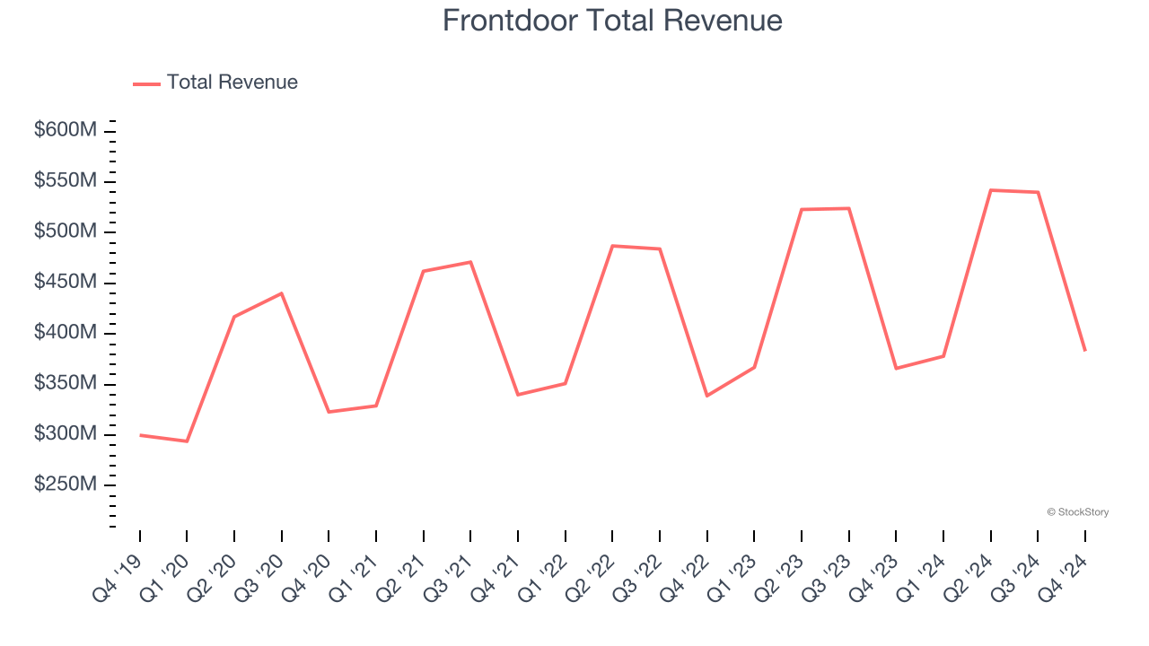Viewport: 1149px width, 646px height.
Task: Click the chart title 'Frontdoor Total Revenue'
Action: click(x=612, y=21)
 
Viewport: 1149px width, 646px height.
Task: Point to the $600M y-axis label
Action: click(x=66, y=130)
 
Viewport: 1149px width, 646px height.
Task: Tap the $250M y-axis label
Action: click(x=66, y=484)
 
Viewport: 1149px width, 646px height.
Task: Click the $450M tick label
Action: click(x=66, y=282)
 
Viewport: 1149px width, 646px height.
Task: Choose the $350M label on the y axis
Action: click(x=66, y=383)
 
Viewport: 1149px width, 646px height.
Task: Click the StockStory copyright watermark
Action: click(x=1077, y=512)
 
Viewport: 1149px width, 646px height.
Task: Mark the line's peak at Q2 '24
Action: click(x=991, y=190)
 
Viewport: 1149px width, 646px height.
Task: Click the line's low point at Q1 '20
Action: click(x=187, y=441)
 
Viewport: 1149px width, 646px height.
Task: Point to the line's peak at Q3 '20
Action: click(x=282, y=293)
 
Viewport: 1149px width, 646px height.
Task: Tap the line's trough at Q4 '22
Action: click(x=707, y=396)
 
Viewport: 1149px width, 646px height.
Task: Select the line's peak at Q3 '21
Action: click(x=470, y=262)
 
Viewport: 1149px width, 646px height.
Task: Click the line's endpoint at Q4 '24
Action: click(x=1085, y=350)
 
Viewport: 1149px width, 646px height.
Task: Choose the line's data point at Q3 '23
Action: click(x=849, y=208)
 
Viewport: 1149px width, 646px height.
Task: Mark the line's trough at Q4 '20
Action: click(x=329, y=412)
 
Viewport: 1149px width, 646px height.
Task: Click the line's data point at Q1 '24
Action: click(x=943, y=356)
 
